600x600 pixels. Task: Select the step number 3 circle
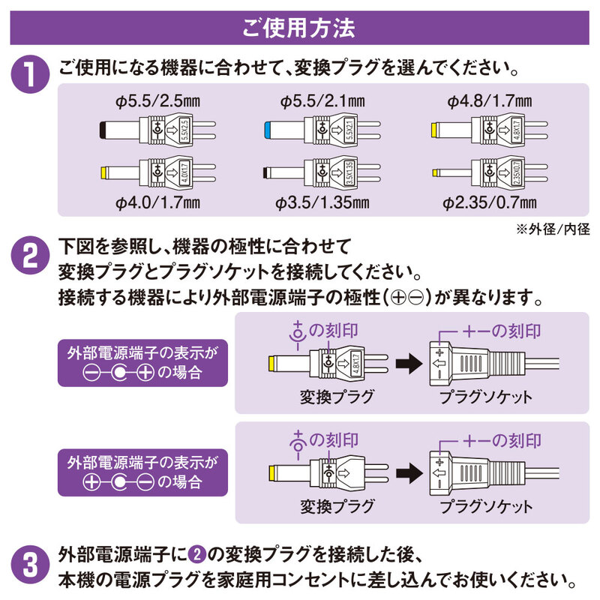coord(30,566)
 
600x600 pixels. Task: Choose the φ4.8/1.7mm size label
coord(489,100)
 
